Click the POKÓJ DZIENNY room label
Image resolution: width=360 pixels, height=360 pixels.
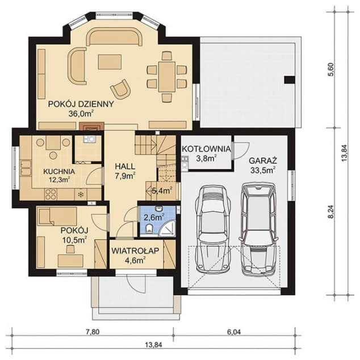[x=81, y=104]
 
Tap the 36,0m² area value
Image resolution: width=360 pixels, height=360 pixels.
[x=81, y=114]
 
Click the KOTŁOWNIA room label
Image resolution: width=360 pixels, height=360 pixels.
[x=206, y=149]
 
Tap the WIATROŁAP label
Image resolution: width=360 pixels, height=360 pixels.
[x=135, y=250]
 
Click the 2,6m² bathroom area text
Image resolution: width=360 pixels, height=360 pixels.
[x=153, y=216]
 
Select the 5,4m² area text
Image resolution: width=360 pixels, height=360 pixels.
[x=162, y=191]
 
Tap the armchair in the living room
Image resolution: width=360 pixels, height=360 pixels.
[x=120, y=89]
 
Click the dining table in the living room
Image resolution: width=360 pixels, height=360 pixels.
[x=166, y=76]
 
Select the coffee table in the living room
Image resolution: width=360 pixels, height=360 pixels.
[x=109, y=61]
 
